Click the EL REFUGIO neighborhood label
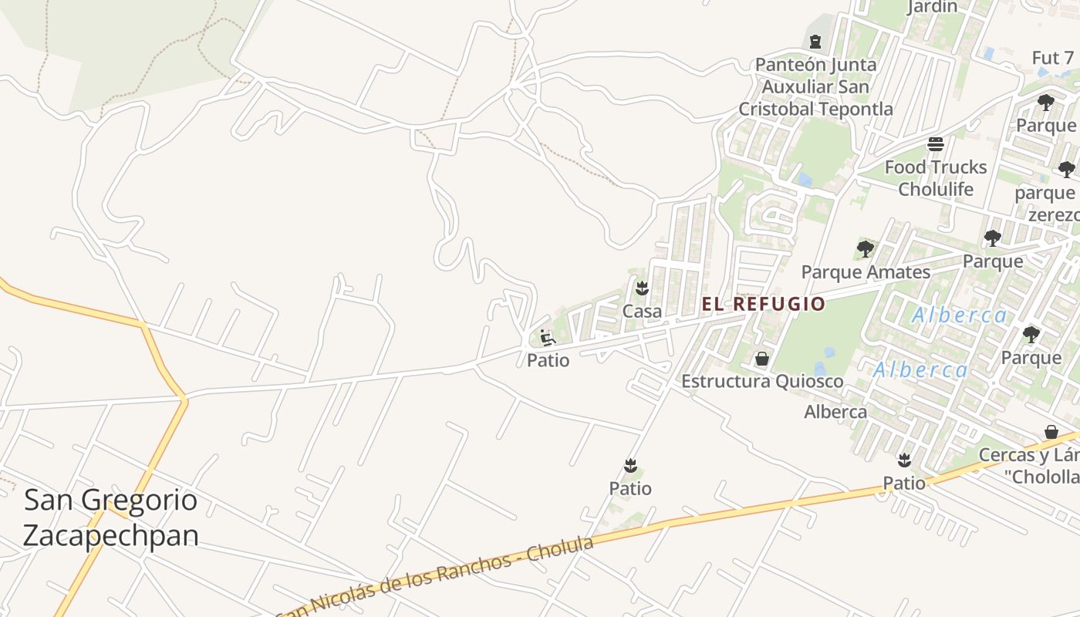[x=763, y=304]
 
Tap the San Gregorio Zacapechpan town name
[x=111, y=518]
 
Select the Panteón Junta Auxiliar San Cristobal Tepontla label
[x=815, y=86]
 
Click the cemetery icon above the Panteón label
[x=815, y=41]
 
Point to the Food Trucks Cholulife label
[x=936, y=178]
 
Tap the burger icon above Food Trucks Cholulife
[x=936, y=144]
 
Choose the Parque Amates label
[x=866, y=272]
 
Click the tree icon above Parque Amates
[x=866, y=249]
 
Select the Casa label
[x=642, y=312]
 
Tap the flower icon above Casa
[x=641, y=289]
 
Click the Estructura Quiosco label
[x=762, y=382]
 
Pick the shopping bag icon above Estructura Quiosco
[x=762, y=359]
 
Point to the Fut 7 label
[x=1052, y=58]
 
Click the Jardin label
[x=932, y=7]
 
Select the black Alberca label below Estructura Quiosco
[x=835, y=412]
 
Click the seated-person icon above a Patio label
[x=548, y=338]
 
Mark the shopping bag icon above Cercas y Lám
[x=1051, y=432]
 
